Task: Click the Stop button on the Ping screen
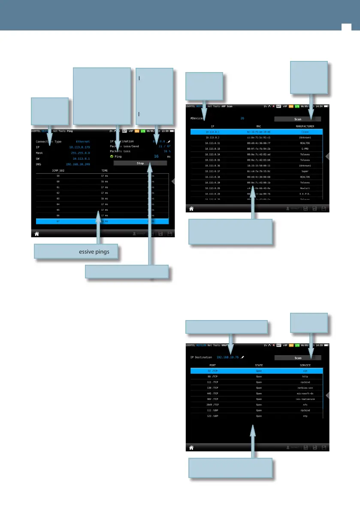140,163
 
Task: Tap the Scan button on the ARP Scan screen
298,119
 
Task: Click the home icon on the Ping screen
37,234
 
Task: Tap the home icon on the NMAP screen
191,447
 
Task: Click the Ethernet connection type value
83,141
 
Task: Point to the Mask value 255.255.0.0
80,153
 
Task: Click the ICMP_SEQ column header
57,170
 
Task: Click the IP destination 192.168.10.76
227,357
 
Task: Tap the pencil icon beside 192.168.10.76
242,357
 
